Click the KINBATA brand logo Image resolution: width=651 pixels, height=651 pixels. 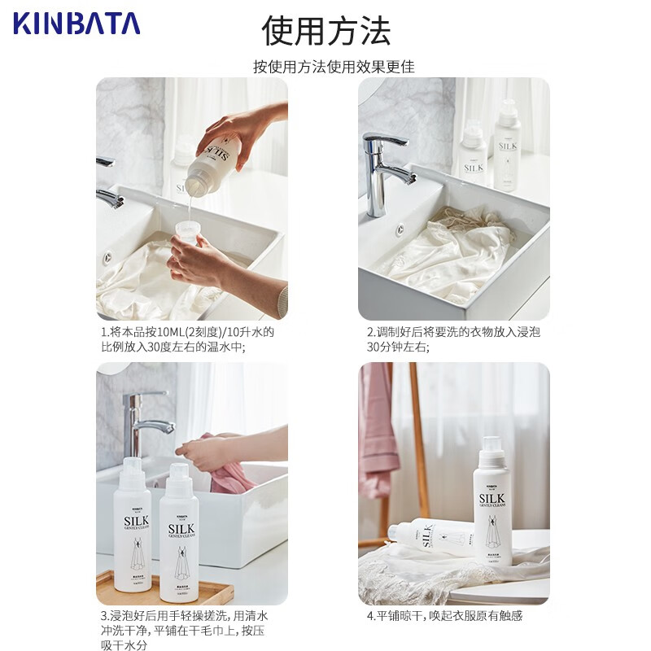tap(76, 23)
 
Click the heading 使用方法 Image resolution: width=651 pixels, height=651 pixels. tap(325, 30)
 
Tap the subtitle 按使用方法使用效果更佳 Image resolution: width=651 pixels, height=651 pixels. tap(334, 67)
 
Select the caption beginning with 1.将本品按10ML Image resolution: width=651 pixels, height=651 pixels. tap(187, 339)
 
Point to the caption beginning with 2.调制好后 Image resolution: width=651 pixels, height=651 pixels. tap(453, 339)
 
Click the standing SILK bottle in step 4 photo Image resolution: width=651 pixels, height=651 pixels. tap(492, 505)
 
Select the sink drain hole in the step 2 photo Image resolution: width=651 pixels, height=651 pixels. tap(400, 230)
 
